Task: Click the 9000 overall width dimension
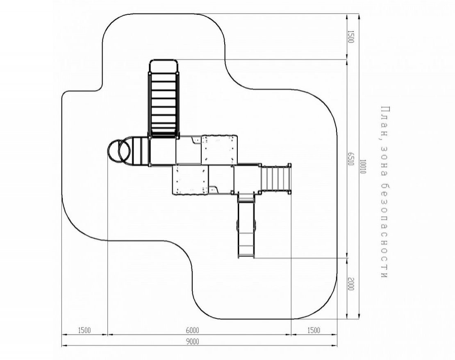click(x=192, y=342)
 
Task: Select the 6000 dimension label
click(x=192, y=331)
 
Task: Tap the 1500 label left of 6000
click(x=84, y=331)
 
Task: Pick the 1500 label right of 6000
click(x=314, y=331)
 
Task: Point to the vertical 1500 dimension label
click(x=351, y=36)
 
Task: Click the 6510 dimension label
click(x=351, y=158)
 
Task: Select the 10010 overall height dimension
click(x=363, y=166)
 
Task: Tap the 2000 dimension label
click(x=351, y=284)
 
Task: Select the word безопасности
click(x=384, y=231)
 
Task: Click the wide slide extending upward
click(x=164, y=99)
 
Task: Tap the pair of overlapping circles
click(x=119, y=151)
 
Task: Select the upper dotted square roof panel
click(x=219, y=150)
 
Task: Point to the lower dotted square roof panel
click(x=190, y=180)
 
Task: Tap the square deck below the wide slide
click(x=162, y=151)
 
